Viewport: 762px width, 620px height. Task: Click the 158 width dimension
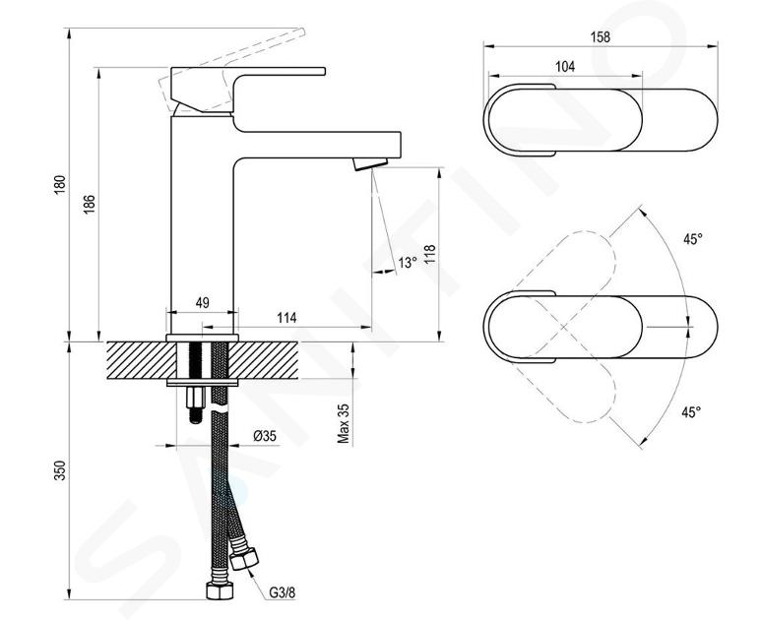600,37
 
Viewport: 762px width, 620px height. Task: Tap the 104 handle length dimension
565,67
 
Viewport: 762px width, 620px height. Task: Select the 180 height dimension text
59,185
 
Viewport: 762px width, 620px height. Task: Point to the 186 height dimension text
89,205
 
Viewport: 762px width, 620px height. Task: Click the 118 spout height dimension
430,255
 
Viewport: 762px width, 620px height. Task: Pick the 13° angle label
408,263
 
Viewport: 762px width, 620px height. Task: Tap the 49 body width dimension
202,303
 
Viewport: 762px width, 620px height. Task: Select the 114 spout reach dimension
286,318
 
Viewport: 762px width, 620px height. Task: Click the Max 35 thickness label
344,423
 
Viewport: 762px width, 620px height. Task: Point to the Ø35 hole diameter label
265,436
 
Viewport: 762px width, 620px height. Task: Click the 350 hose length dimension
59,470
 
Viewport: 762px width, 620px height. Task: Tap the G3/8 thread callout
283,592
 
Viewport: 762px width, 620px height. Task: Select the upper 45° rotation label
693,239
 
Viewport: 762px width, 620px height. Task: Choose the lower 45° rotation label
691,412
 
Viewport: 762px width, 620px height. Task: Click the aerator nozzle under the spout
370,163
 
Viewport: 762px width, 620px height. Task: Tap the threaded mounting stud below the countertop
195,404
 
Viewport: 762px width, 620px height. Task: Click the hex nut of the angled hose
243,558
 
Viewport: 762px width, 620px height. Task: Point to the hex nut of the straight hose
220,589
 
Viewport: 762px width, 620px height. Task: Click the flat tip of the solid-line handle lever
324,72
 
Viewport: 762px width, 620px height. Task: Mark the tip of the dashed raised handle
302,32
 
